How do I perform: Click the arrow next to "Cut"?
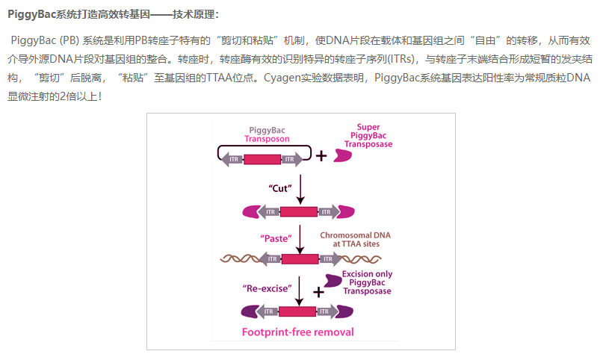coord(300,190)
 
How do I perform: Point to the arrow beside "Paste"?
coord(300,240)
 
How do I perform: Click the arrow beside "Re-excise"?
coord(300,291)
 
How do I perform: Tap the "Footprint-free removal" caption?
coord(297,332)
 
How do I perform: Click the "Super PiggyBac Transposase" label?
coord(368,136)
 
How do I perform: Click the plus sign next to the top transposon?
coord(321,156)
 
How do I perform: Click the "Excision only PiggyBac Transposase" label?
coord(367,282)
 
